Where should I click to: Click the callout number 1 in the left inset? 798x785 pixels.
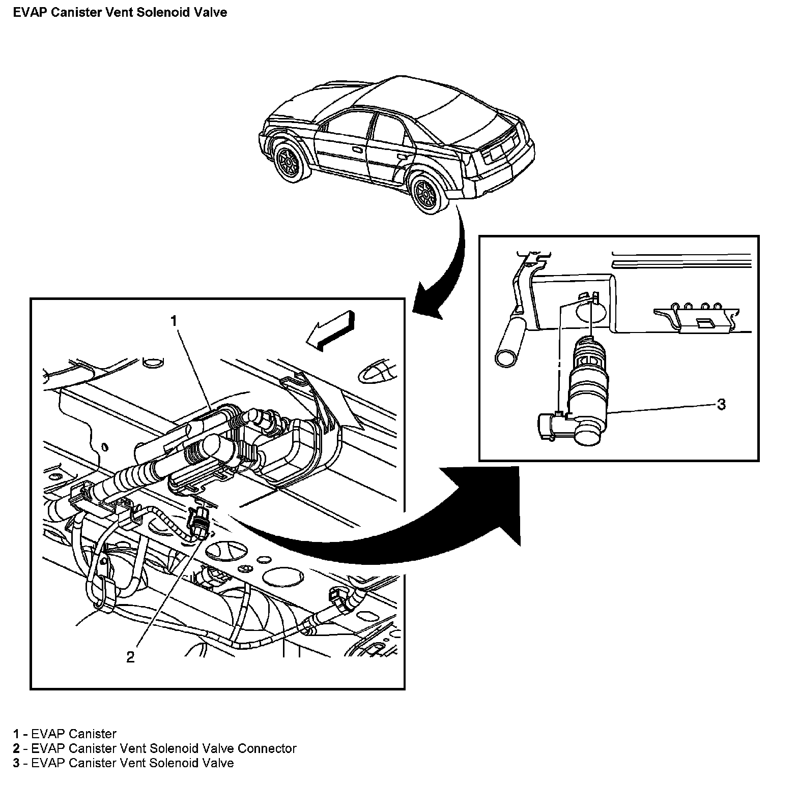click(174, 321)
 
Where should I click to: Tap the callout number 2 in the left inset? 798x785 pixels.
click(131, 657)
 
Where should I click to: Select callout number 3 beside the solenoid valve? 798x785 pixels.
click(721, 405)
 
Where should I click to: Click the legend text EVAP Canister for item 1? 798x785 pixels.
click(74, 734)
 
